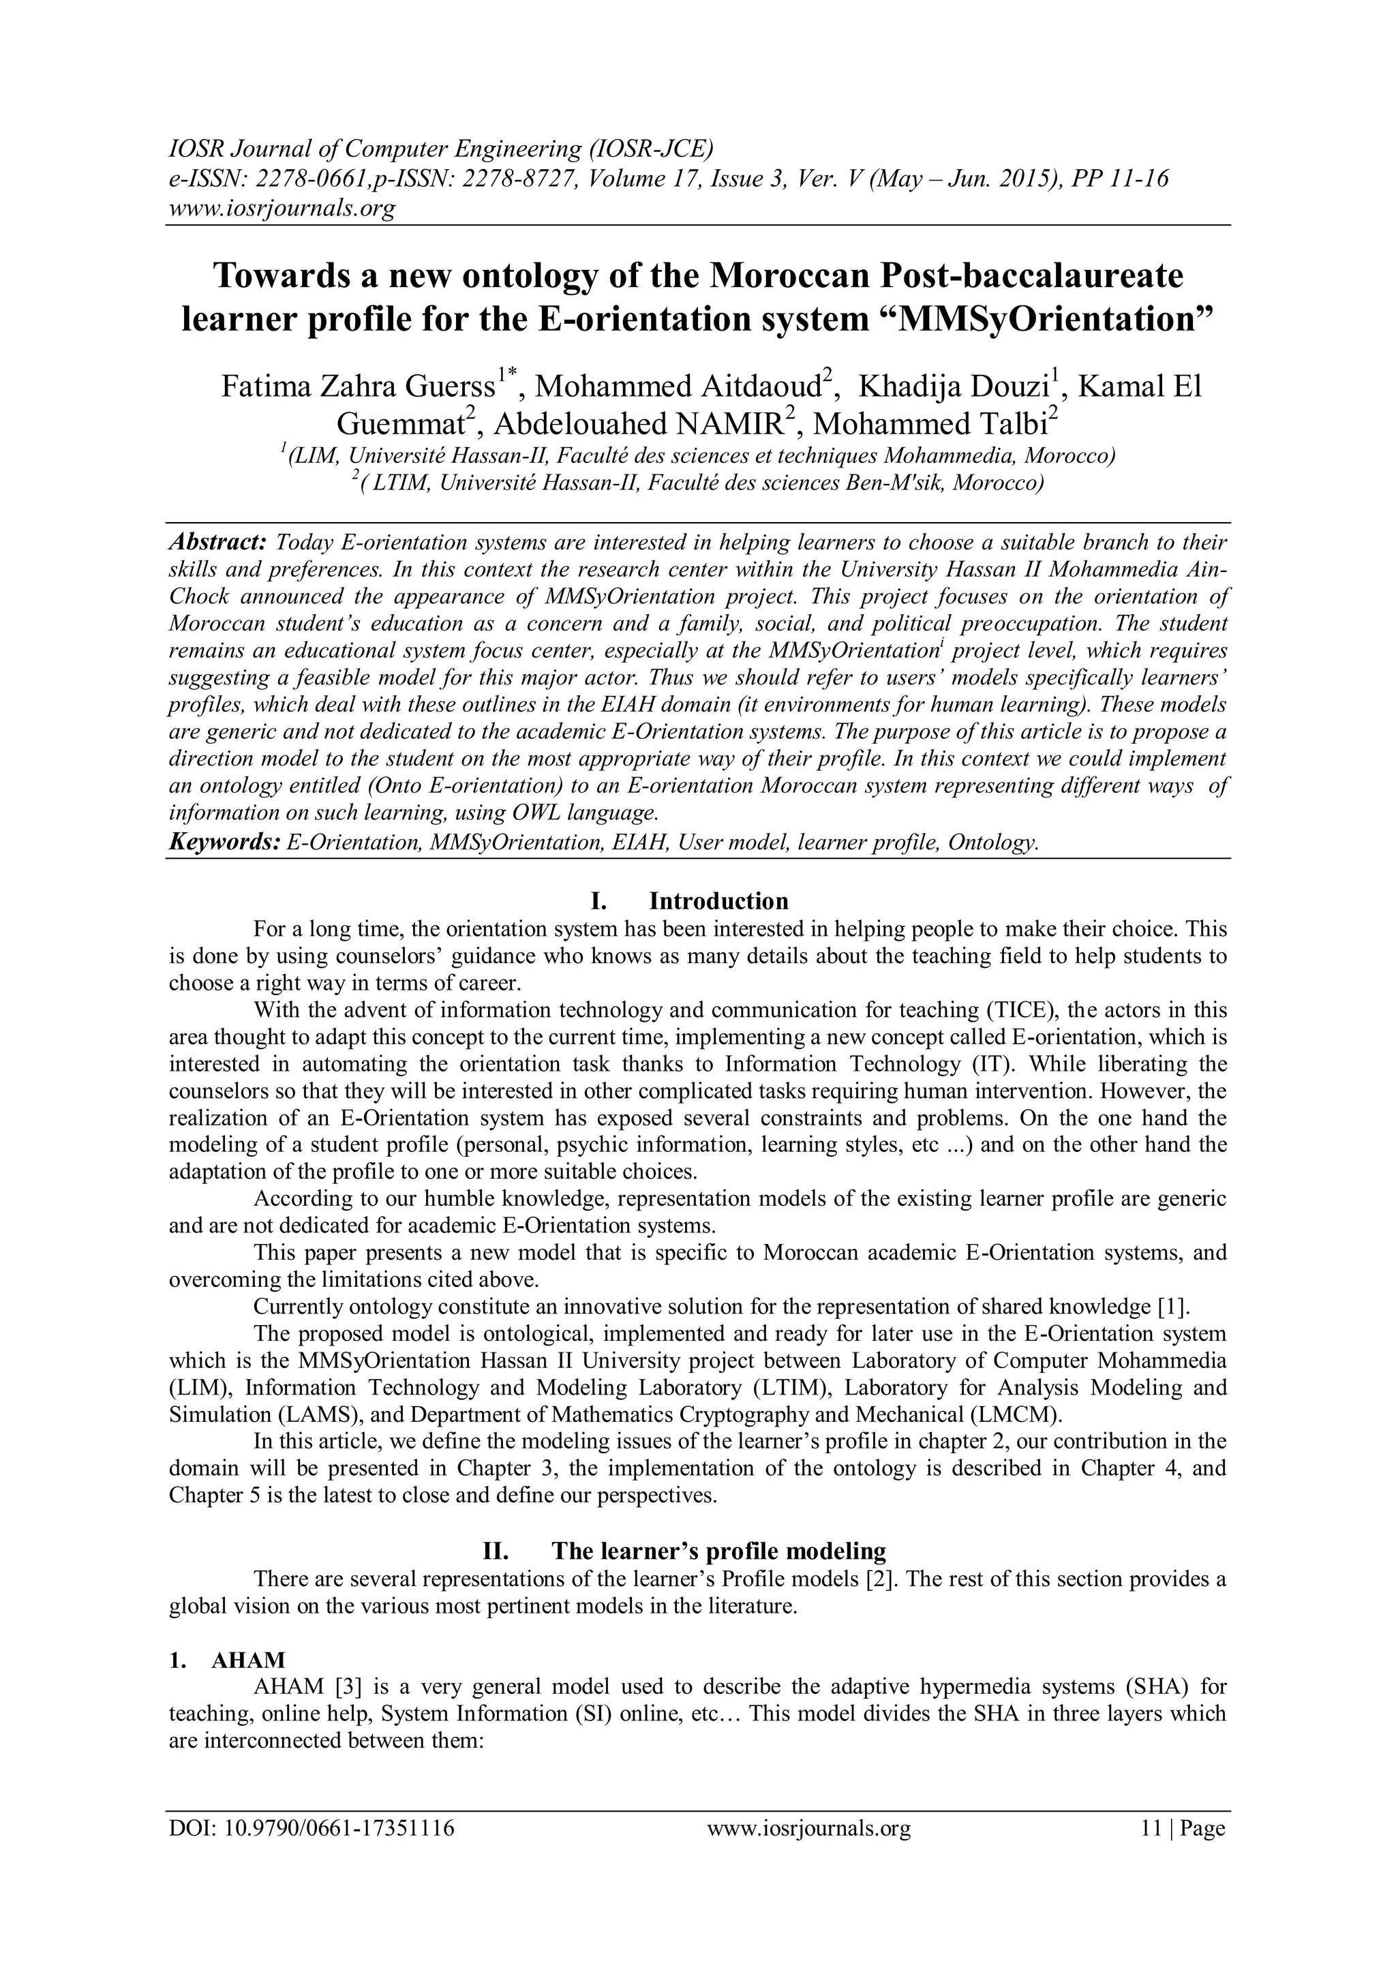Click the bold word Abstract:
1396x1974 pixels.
217,543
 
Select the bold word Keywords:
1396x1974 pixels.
224,842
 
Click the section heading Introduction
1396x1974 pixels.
718,901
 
